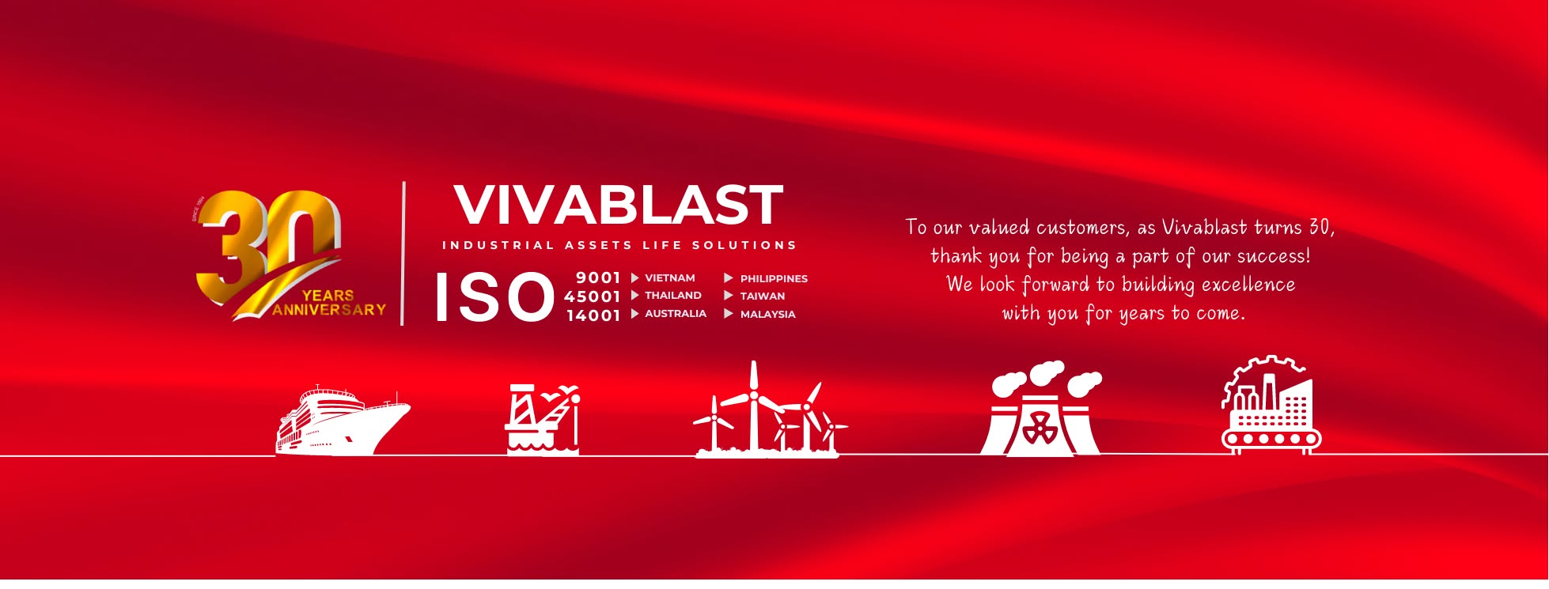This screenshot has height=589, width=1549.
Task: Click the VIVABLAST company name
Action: pos(618,205)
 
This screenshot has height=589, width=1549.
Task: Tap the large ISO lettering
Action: pos(494,297)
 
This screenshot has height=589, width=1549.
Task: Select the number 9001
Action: pos(598,278)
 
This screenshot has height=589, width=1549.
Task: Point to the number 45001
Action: pos(592,296)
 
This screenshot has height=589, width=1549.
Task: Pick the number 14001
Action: pos(593,315)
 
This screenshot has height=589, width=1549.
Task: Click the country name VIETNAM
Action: pos(669,278)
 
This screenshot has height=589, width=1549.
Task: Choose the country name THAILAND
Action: pos(672,296)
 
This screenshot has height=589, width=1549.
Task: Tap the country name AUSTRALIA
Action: pos(675,314)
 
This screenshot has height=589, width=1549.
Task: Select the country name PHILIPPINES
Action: pos(773,279)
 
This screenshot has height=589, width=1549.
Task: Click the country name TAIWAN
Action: pos(762,296)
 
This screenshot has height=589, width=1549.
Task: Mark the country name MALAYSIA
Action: pos(767,315)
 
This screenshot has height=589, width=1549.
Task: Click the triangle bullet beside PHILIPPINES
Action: pos(729,278)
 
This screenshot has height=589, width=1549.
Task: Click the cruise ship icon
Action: pos(342,420)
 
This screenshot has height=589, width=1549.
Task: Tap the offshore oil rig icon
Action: pos(543,420)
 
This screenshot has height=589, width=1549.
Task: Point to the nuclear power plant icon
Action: pos(1040,411)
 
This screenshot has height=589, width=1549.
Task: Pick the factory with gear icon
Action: pos(1271,406)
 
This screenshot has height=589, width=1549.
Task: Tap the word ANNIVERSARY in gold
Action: pos(329,310)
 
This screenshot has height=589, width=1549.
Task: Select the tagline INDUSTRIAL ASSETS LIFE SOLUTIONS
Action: pos(619,246)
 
